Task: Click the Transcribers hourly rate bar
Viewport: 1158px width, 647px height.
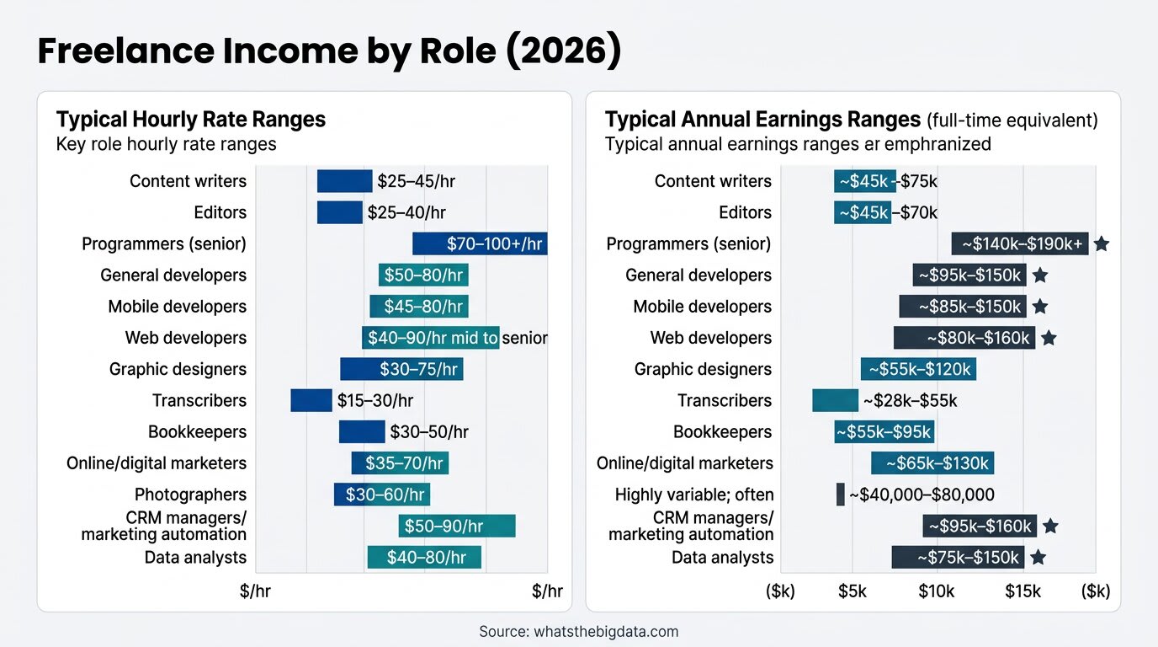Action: pyautogui.click(x=311, y=400)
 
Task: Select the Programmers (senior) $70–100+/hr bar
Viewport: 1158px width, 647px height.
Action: pyautogui.click(x=480, y=243)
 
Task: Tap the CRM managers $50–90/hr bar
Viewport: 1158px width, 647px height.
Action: pyautogui.click(x=456, y=526)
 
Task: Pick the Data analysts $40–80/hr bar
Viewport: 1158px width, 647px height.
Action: pyautogui.click(x=424, y=557)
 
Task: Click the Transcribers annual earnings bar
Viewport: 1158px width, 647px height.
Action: pyautogui.click(x=835, y=400)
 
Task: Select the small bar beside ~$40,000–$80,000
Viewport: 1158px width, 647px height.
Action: pyautogui.click(x=840, y=495)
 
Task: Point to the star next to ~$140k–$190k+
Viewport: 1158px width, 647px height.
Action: pyautogui.click(x=1102, y=244)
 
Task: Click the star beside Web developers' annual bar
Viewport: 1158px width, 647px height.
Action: pyautogui.click(x=1049, y=338)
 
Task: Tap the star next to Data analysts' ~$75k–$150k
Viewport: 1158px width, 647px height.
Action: pyautogui.click(x=1038, y=557)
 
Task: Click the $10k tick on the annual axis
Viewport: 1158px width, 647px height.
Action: pyautogui.click(x=936, y=591)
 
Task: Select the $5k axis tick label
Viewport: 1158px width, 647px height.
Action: pyautogui.click(x=853, y=591)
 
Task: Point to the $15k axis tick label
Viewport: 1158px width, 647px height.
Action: pyautogui.click(x=1023, y=591)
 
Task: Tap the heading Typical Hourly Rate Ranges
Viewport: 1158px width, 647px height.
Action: pyautogui.click(x=190, y=119)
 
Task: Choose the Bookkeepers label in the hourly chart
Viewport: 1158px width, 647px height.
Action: pyautogui.click(x=197, y=432)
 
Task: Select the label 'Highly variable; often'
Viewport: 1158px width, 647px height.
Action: pyautogui.click(x=694, y=495)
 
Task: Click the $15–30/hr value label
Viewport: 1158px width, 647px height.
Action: pyautogui.click(x=375, y=401)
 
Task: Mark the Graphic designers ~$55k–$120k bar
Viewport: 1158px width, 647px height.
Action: pyautogui.click(x=918, y=369)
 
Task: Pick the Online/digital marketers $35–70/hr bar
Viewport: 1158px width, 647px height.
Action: pyautogui.click(x=400, y=463)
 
